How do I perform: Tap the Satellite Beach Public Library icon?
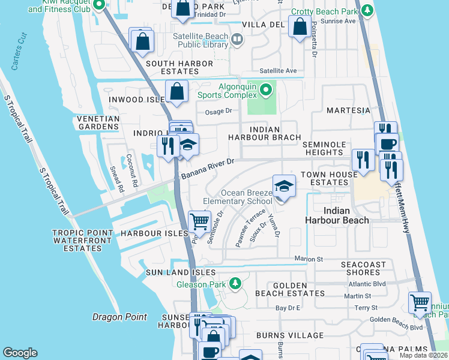point(237,40)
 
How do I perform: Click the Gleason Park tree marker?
point(236,283)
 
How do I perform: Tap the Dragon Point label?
point(116,316)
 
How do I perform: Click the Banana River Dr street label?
point(208,168)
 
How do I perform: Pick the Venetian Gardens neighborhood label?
point(98,122)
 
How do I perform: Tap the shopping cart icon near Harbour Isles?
point(199,221)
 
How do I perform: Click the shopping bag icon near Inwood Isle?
point(177,92)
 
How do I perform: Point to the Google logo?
point(20,353)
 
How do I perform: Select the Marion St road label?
point(309,259)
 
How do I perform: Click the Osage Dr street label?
point(218,111)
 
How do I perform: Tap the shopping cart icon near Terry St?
point(420,302)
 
